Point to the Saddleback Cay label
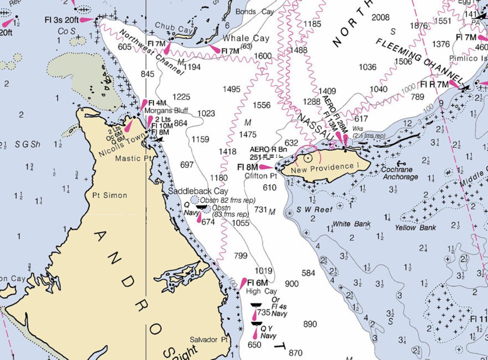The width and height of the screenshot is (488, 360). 198,191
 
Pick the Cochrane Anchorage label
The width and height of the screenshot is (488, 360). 400,173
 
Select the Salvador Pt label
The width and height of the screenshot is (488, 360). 209,339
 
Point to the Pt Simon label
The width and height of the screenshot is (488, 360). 110,195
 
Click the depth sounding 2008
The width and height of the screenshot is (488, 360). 380,18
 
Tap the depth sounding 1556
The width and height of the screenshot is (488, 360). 262,105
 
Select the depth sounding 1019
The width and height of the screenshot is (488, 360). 263,271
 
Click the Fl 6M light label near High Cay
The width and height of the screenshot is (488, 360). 257,283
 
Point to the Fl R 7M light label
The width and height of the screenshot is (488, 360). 434,84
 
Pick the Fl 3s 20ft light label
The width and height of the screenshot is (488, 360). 61,20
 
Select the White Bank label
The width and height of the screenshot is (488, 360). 351,224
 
